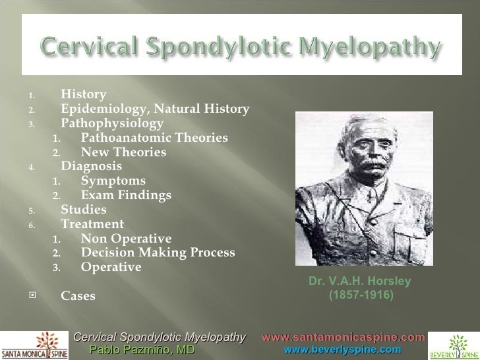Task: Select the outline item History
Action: pyautogui.click(x=83, y=94)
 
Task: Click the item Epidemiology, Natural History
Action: pyautogui.click(x=155, y=109)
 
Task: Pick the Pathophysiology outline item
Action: pyautogui.click(x=112, y=123)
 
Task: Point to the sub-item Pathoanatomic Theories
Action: pyautogui.click(x=154, y=138)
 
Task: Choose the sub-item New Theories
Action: pyautogui.click(x=123, y=153)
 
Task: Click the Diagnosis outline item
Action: pyautogui.click(x=91, y=166)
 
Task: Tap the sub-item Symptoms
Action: pyautogui.click(x=113, y=181)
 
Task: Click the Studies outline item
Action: pyautogui.click(x=83, y=210)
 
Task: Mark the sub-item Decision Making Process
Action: pyautogui.click(x=158, y=253)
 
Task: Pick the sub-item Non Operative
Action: pyautogui.click(x=126, y=239)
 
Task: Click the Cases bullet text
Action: pyautogui.click(x=78, y=296)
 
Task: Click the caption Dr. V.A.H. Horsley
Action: pyautogui.click(x=359, y=282)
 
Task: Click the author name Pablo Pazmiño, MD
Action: pyautogui.click(x=142, y=350)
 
